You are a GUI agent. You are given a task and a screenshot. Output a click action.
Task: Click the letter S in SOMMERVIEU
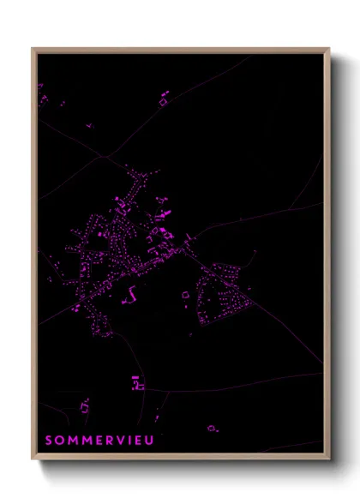[49, 440]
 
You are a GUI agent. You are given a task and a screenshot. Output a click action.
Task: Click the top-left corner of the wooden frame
[33, 49]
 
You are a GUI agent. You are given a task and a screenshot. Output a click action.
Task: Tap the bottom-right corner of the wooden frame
[329, 459]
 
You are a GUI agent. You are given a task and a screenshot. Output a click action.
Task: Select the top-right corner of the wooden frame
[329, 49]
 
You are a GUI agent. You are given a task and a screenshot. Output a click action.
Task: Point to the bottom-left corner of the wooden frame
[33, 459]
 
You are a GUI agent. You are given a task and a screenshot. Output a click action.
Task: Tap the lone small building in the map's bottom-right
[211, 427]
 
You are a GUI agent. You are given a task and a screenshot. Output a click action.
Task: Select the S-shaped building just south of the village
[133, 293]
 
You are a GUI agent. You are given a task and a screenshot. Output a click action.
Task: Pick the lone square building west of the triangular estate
[184, 297]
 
